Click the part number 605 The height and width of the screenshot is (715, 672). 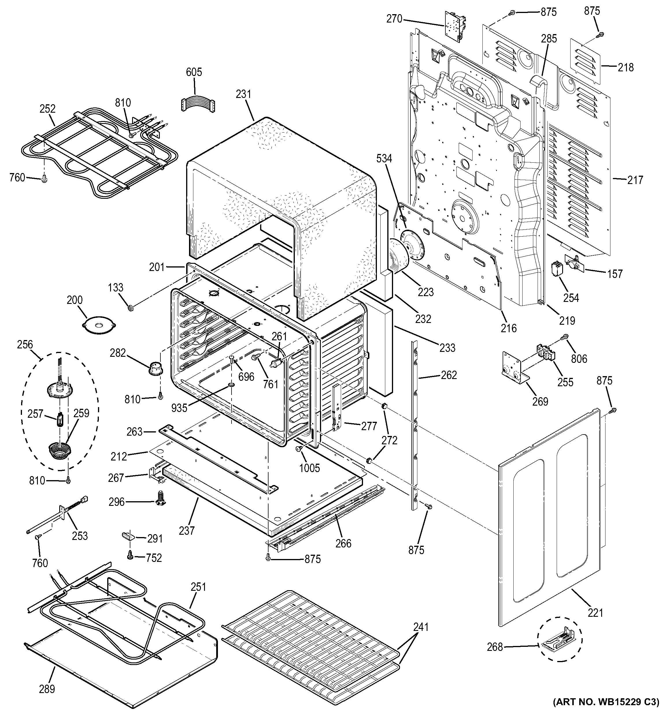(194, 72)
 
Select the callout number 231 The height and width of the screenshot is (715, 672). (244, 94)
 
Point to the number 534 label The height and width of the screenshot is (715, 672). (384, 158)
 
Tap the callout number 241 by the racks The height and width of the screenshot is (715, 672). (421, 627)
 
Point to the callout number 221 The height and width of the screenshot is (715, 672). (595, 612)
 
